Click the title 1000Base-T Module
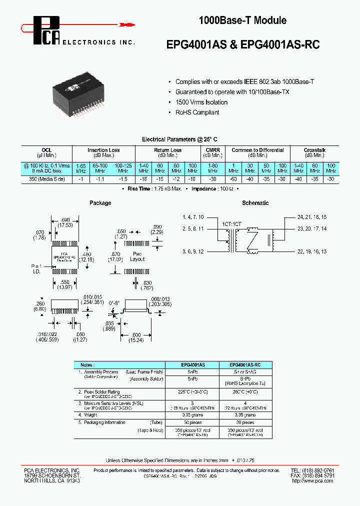242,20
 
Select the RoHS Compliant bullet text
197,112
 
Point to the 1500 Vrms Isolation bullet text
201,102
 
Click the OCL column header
46,150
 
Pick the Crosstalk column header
314,150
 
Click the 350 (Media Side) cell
46,178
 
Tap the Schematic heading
255,203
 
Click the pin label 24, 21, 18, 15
312,217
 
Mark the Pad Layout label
137,256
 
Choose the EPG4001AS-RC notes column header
244,365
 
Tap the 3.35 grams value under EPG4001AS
192,414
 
